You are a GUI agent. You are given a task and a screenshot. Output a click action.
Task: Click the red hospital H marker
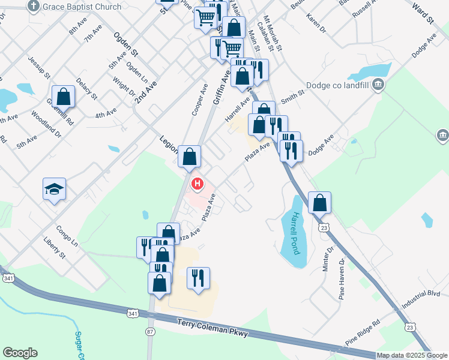196,183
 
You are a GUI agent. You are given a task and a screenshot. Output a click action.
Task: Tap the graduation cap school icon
53,189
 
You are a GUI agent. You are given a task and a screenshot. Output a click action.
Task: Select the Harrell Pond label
294,232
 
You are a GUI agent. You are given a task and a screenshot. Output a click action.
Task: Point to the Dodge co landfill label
339,85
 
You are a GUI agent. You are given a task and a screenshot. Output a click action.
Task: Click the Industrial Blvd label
422,298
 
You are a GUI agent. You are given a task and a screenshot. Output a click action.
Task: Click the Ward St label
423,12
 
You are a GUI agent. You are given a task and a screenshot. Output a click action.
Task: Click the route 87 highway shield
150,331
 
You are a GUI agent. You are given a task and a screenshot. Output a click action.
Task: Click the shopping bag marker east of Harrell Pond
320,202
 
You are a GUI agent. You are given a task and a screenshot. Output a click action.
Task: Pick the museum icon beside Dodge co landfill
379,85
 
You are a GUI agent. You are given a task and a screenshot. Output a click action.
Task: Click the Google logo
20,353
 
